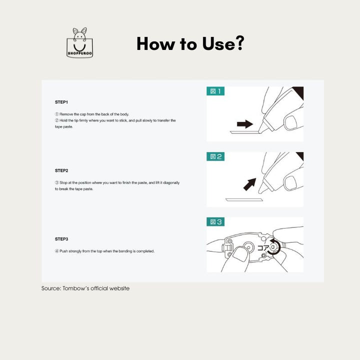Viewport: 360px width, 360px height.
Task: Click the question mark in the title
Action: (x=238, y=43)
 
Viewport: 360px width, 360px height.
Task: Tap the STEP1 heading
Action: (x=61, y=101)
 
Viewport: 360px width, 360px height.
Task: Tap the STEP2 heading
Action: (x=61, y=170)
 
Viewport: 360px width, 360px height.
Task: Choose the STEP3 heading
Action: (x=61, y=239)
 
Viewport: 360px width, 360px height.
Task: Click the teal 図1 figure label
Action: (x=216, y=91)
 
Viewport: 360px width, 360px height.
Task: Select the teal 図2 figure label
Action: (x=216, y=156)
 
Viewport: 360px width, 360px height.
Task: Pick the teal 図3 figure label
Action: (x=216, y=221)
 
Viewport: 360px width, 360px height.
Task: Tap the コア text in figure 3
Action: (x=263, y=247)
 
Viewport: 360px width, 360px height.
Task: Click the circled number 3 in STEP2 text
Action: (x=56, y=182)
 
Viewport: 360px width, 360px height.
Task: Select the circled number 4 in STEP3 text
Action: (x=56, y=251)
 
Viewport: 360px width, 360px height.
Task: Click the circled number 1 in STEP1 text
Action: (x=56, y=114)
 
